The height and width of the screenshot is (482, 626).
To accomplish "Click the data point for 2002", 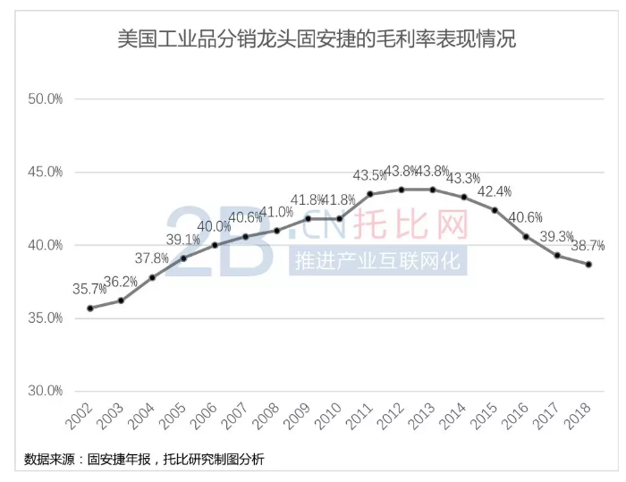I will point(90,309).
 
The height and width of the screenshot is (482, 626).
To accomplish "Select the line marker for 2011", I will point(370,194).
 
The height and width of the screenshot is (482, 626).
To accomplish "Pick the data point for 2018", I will point(588,264).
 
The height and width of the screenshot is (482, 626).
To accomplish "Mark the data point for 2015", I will point(495,210).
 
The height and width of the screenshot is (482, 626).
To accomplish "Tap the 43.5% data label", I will point(370,175).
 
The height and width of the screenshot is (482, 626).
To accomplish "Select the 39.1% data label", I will point(183,240).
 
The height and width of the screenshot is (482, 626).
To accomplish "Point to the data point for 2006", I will point(215,245).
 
